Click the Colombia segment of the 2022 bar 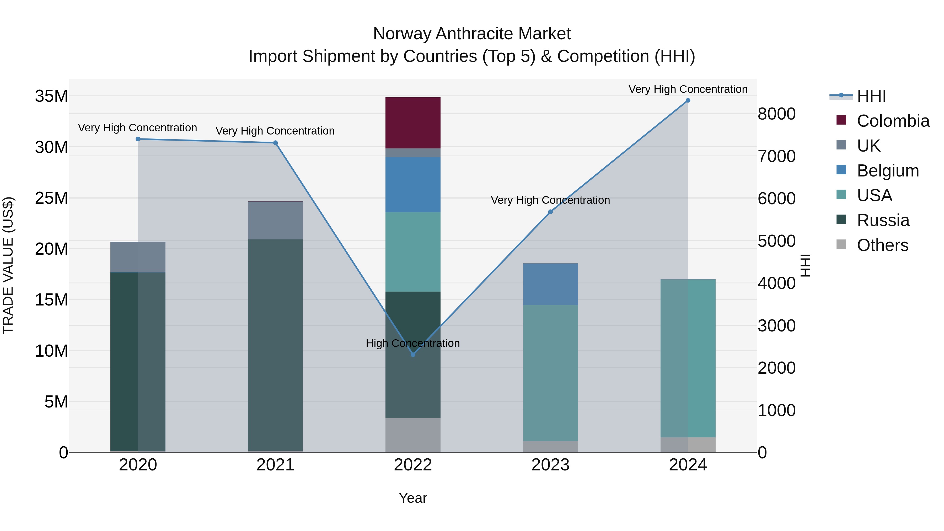(413, 123)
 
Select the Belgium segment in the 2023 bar (550, 284)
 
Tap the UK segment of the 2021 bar (275, 220)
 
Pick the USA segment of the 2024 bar (688, 358)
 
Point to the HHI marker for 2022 (413, 354)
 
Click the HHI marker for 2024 (688, 100)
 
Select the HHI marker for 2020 (138, 139)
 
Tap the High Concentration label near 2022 (413, 343)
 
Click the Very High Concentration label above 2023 (550, 200)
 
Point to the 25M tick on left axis (51, 198)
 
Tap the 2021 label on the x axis (275, 465)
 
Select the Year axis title (413, 498)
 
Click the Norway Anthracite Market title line (472, 34)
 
